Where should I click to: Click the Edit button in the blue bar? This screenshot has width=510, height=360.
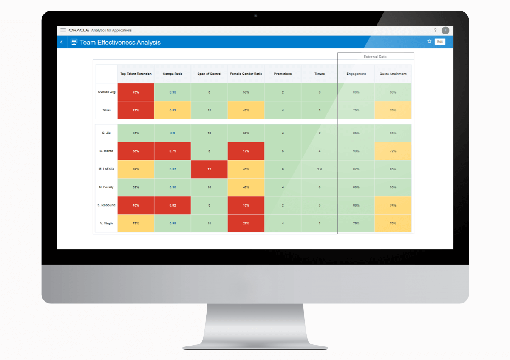pos(440,42)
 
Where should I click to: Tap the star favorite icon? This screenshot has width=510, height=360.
pos(429,42)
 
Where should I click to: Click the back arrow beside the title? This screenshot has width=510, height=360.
pos(62,42)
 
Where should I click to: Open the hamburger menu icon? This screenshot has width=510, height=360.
pos(63,30)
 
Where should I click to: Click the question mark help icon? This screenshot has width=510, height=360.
pos(435,31)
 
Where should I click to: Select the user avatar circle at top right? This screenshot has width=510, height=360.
pos(445,31)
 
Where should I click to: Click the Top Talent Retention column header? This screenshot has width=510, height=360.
pos(136,74)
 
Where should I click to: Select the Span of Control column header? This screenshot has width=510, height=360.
pos(209,74)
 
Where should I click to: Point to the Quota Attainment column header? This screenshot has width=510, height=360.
pos(393,74)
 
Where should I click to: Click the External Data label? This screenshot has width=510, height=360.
pos(375,57)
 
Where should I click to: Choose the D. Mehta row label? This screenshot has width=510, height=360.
pos(106,151)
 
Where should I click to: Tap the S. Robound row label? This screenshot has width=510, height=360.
pos(106,205)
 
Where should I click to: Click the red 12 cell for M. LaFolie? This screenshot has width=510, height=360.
pos(209,169)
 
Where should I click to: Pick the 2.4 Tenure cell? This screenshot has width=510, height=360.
pos(320,169)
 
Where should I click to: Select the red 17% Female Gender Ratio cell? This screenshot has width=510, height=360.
pos(246,151)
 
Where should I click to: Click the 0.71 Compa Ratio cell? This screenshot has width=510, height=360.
pos(173,151)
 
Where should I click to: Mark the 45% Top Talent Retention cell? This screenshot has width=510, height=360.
pos(136,205)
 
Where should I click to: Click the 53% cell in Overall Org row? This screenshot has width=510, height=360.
pos(246,92)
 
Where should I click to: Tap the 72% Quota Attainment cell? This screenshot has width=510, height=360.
pos(393,151)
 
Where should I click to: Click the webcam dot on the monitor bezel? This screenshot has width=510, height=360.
pos(255,16)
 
